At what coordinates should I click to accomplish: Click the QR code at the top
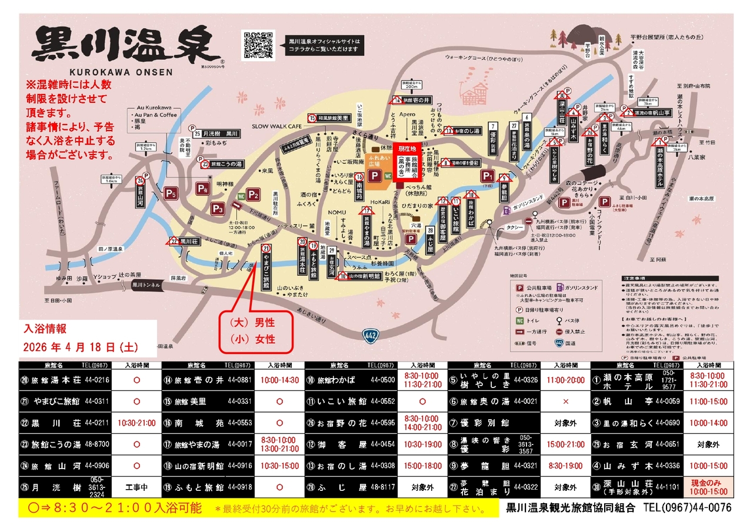pyautogui.click(x=259, y=45)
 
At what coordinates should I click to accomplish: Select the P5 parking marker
pyautogui.click(x=171, y=192)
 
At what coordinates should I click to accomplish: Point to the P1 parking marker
pyautogui.click(x=487, y=176)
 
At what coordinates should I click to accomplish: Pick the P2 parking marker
pyautogui.click(x=254, y=195)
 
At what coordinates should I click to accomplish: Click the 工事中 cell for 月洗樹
pyautogui.click(x=136, y=487)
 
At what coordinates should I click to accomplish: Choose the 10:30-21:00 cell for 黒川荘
pyautogui.click(x=136, y=423)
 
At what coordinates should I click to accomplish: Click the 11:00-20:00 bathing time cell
pyautogui.click(x=565, y=380)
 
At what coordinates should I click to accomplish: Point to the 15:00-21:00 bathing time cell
pyautogui.click(x=565, y=444)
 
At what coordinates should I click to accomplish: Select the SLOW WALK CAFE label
pyautogui.click(x=276, y=126)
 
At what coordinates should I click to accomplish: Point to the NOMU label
pyautogui.click(x=336, y=212)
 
